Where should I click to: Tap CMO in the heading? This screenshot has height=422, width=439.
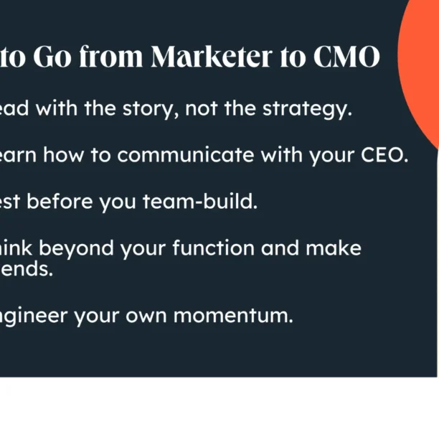tap(346, 57)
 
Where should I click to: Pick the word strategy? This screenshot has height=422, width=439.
tap(306, 110)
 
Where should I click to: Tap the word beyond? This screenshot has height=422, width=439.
tap(77, 248)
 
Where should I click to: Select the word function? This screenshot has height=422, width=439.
tap(217, 248)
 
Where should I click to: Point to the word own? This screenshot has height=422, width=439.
tap(159, 316)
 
